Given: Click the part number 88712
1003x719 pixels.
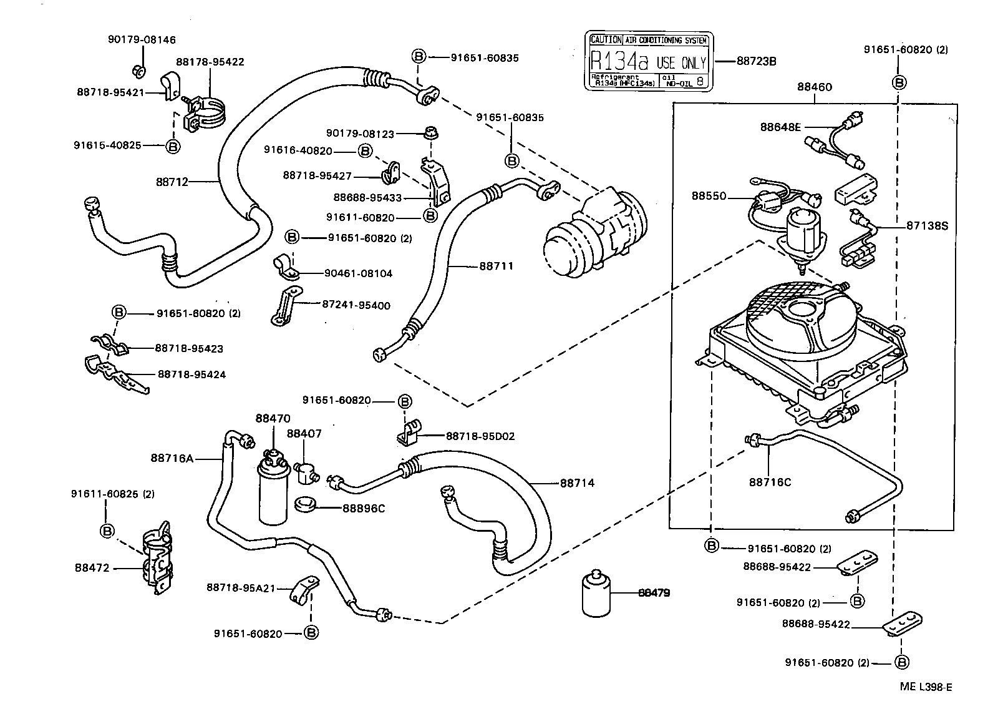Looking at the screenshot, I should point(172,182).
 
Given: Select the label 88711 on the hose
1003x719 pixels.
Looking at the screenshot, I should point(496,267).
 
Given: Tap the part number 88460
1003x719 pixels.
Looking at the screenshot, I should point(814,88).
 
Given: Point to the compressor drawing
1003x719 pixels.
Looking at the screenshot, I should point(596,231).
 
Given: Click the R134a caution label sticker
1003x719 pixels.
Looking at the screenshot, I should point(649,61).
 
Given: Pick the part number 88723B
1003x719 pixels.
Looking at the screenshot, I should point(756,61).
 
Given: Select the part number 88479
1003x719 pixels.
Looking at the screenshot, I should point(654,593).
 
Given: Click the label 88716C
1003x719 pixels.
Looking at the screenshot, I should point(770,482).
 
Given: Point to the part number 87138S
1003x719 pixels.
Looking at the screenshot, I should point(927,226).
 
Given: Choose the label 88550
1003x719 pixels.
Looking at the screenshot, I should point(709,196).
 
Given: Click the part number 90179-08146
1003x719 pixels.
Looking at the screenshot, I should point(141,40).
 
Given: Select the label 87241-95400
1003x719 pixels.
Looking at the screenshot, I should point(356,305).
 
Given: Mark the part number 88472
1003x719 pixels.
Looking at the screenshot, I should point(92,568).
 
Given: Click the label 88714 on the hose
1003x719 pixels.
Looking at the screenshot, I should point(577,482).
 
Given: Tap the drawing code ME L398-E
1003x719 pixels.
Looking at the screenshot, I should point(926,687).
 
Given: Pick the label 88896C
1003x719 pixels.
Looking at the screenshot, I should point(363,508).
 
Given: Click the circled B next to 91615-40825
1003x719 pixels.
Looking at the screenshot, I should point(173,145).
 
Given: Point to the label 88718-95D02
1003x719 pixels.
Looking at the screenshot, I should point(480,436).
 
